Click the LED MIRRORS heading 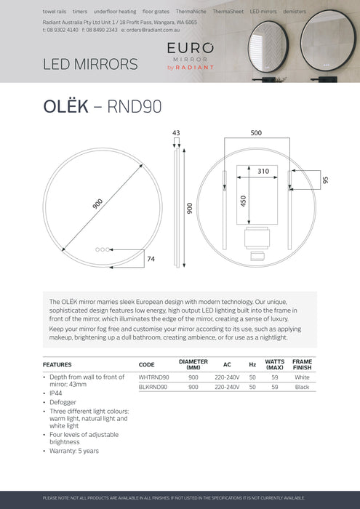click(91, 64)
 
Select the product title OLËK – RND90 click(102, 107)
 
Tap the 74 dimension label click(151, 258)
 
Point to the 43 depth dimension click(176, 133)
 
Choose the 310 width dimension click(263, 172)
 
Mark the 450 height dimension click(244, 199)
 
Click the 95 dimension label click(325, 180)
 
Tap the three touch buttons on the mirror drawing click(103, 249)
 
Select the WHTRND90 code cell click(153, 377)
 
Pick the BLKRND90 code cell click(153, 387)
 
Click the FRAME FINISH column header click(302, 364)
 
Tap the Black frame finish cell click(302, 387)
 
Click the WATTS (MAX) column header click(274, 364)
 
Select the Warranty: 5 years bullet click(73, 451)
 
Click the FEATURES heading click(57, 364)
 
